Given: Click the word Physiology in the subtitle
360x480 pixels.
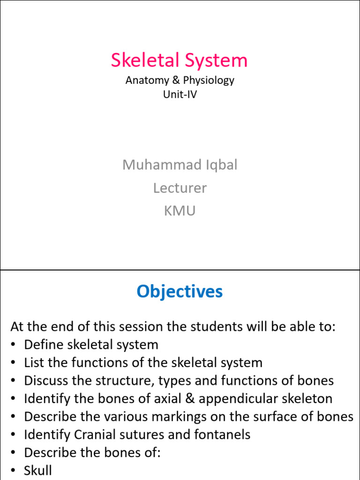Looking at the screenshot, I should pos(209,80).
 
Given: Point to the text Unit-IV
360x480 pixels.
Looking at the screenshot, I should pos(180,94).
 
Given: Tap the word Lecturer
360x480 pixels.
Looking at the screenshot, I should pos(180,188).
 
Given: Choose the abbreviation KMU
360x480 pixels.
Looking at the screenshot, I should pos(180,211).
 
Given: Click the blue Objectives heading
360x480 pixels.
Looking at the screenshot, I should pos(180,292).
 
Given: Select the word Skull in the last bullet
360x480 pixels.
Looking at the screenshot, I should pos(38,470).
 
